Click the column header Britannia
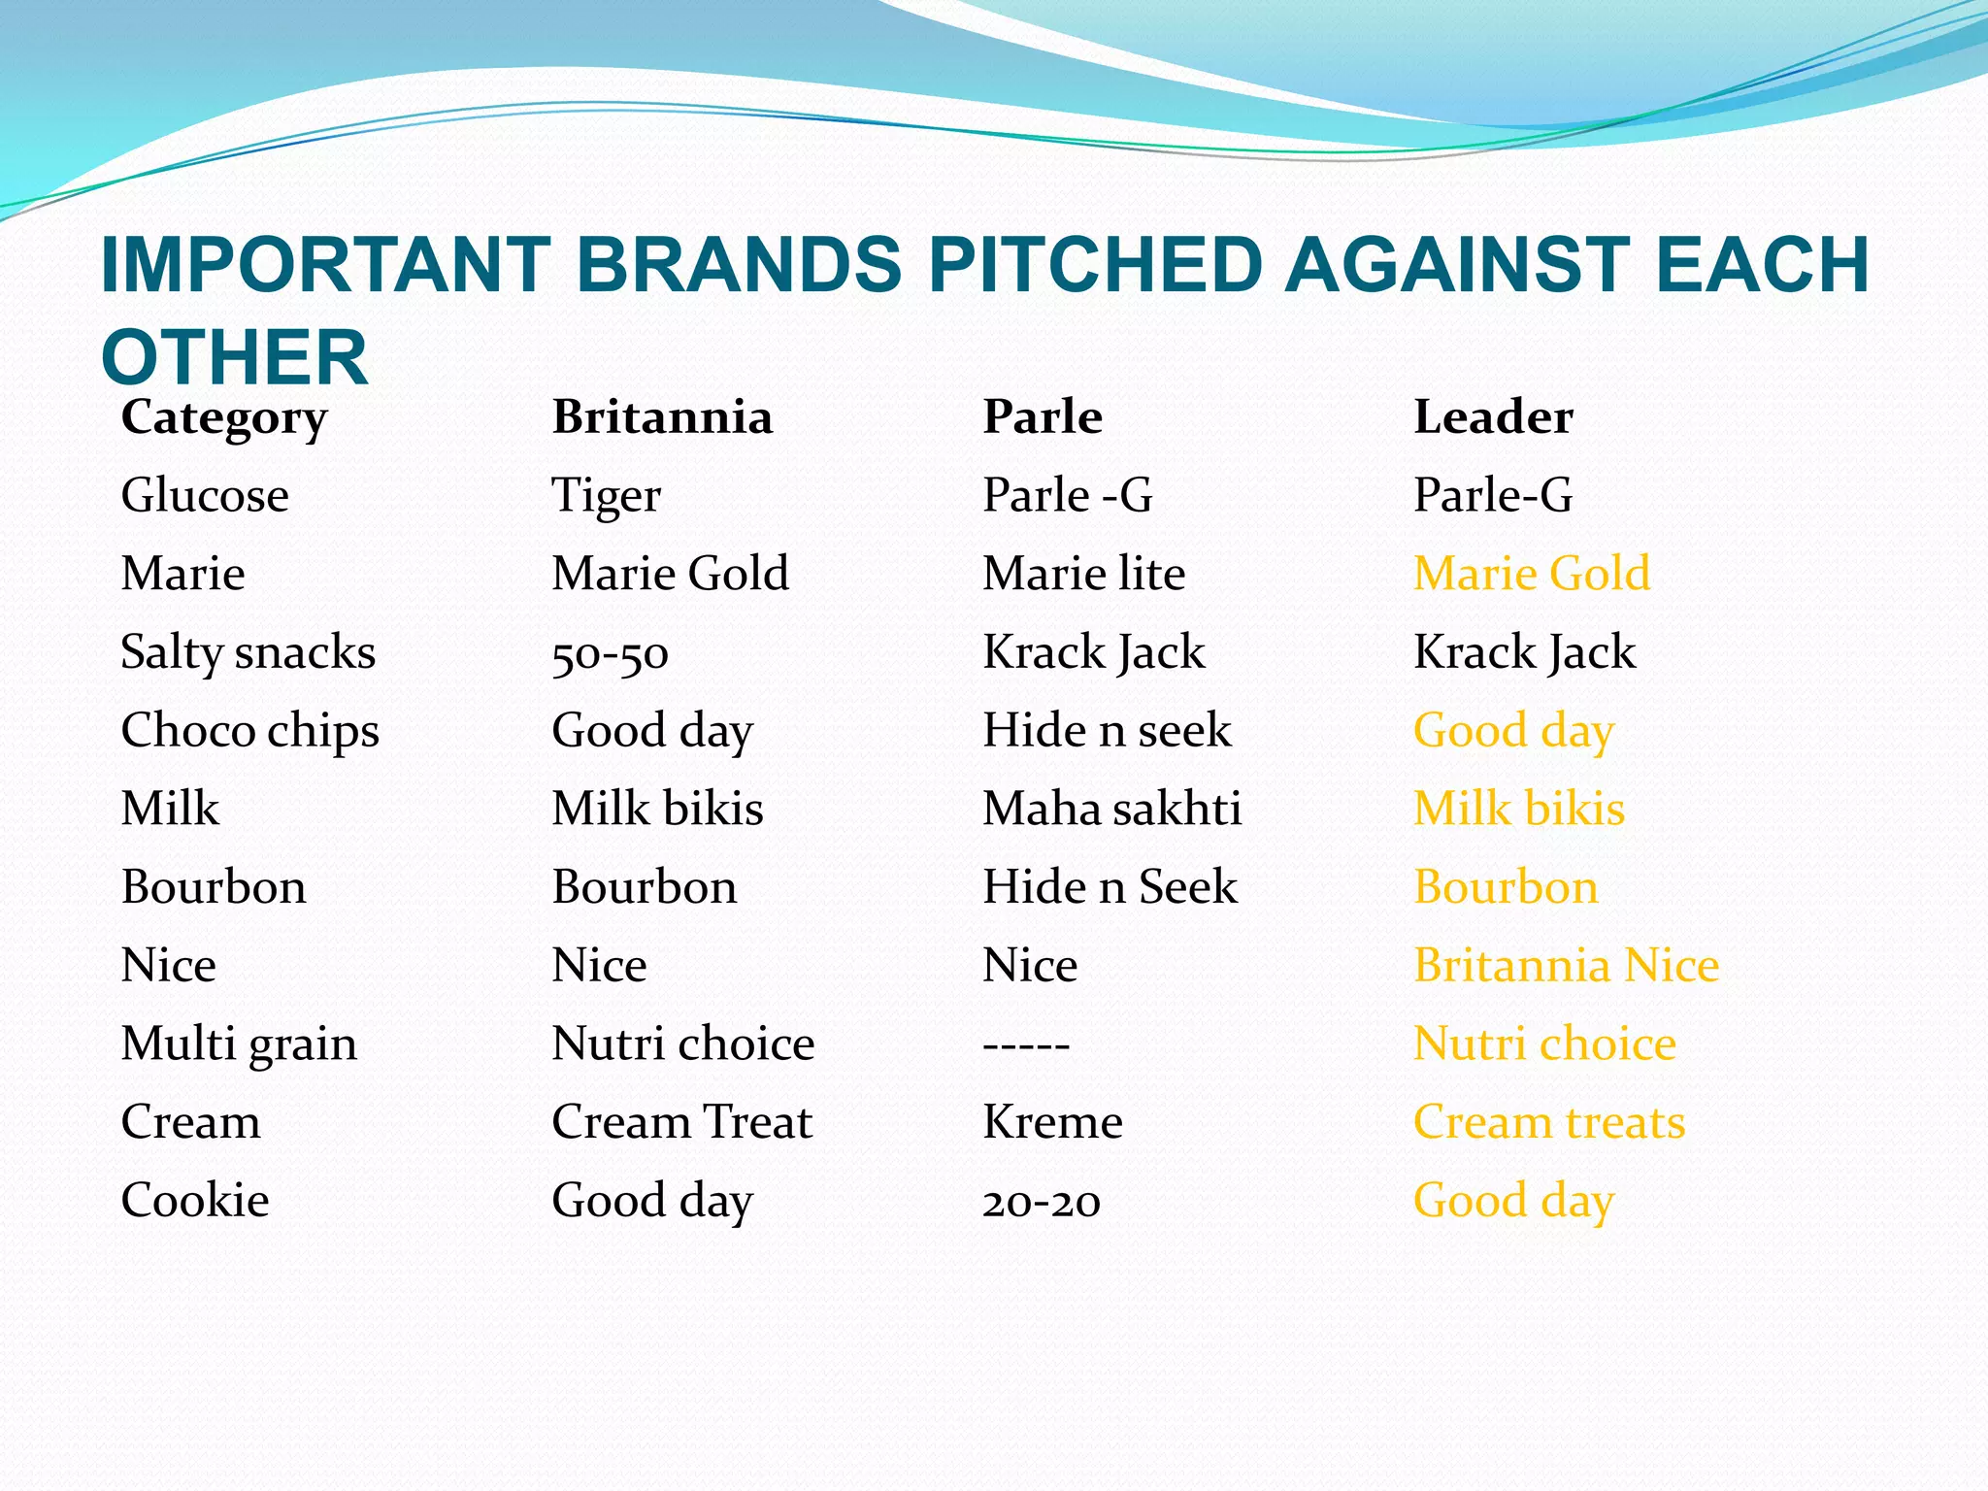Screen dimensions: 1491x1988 [662, 417]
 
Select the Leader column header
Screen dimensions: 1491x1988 [1492, 417]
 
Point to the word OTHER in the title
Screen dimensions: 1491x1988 [234, 357]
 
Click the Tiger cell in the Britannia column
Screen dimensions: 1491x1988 [606, 496]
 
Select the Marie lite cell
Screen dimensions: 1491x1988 [1083, 574]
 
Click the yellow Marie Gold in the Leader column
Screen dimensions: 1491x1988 [1531, 574]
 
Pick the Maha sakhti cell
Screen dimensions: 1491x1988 [1111, 809]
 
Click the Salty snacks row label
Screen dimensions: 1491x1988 [248, 652]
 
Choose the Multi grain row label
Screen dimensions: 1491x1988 [239, 1044]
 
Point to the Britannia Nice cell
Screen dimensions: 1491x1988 [1566, 966]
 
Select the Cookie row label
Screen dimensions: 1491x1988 [195, 1201]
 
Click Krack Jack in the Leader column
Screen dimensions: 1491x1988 [1524, 652]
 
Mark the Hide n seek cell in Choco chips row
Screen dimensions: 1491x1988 [1107, 731]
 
